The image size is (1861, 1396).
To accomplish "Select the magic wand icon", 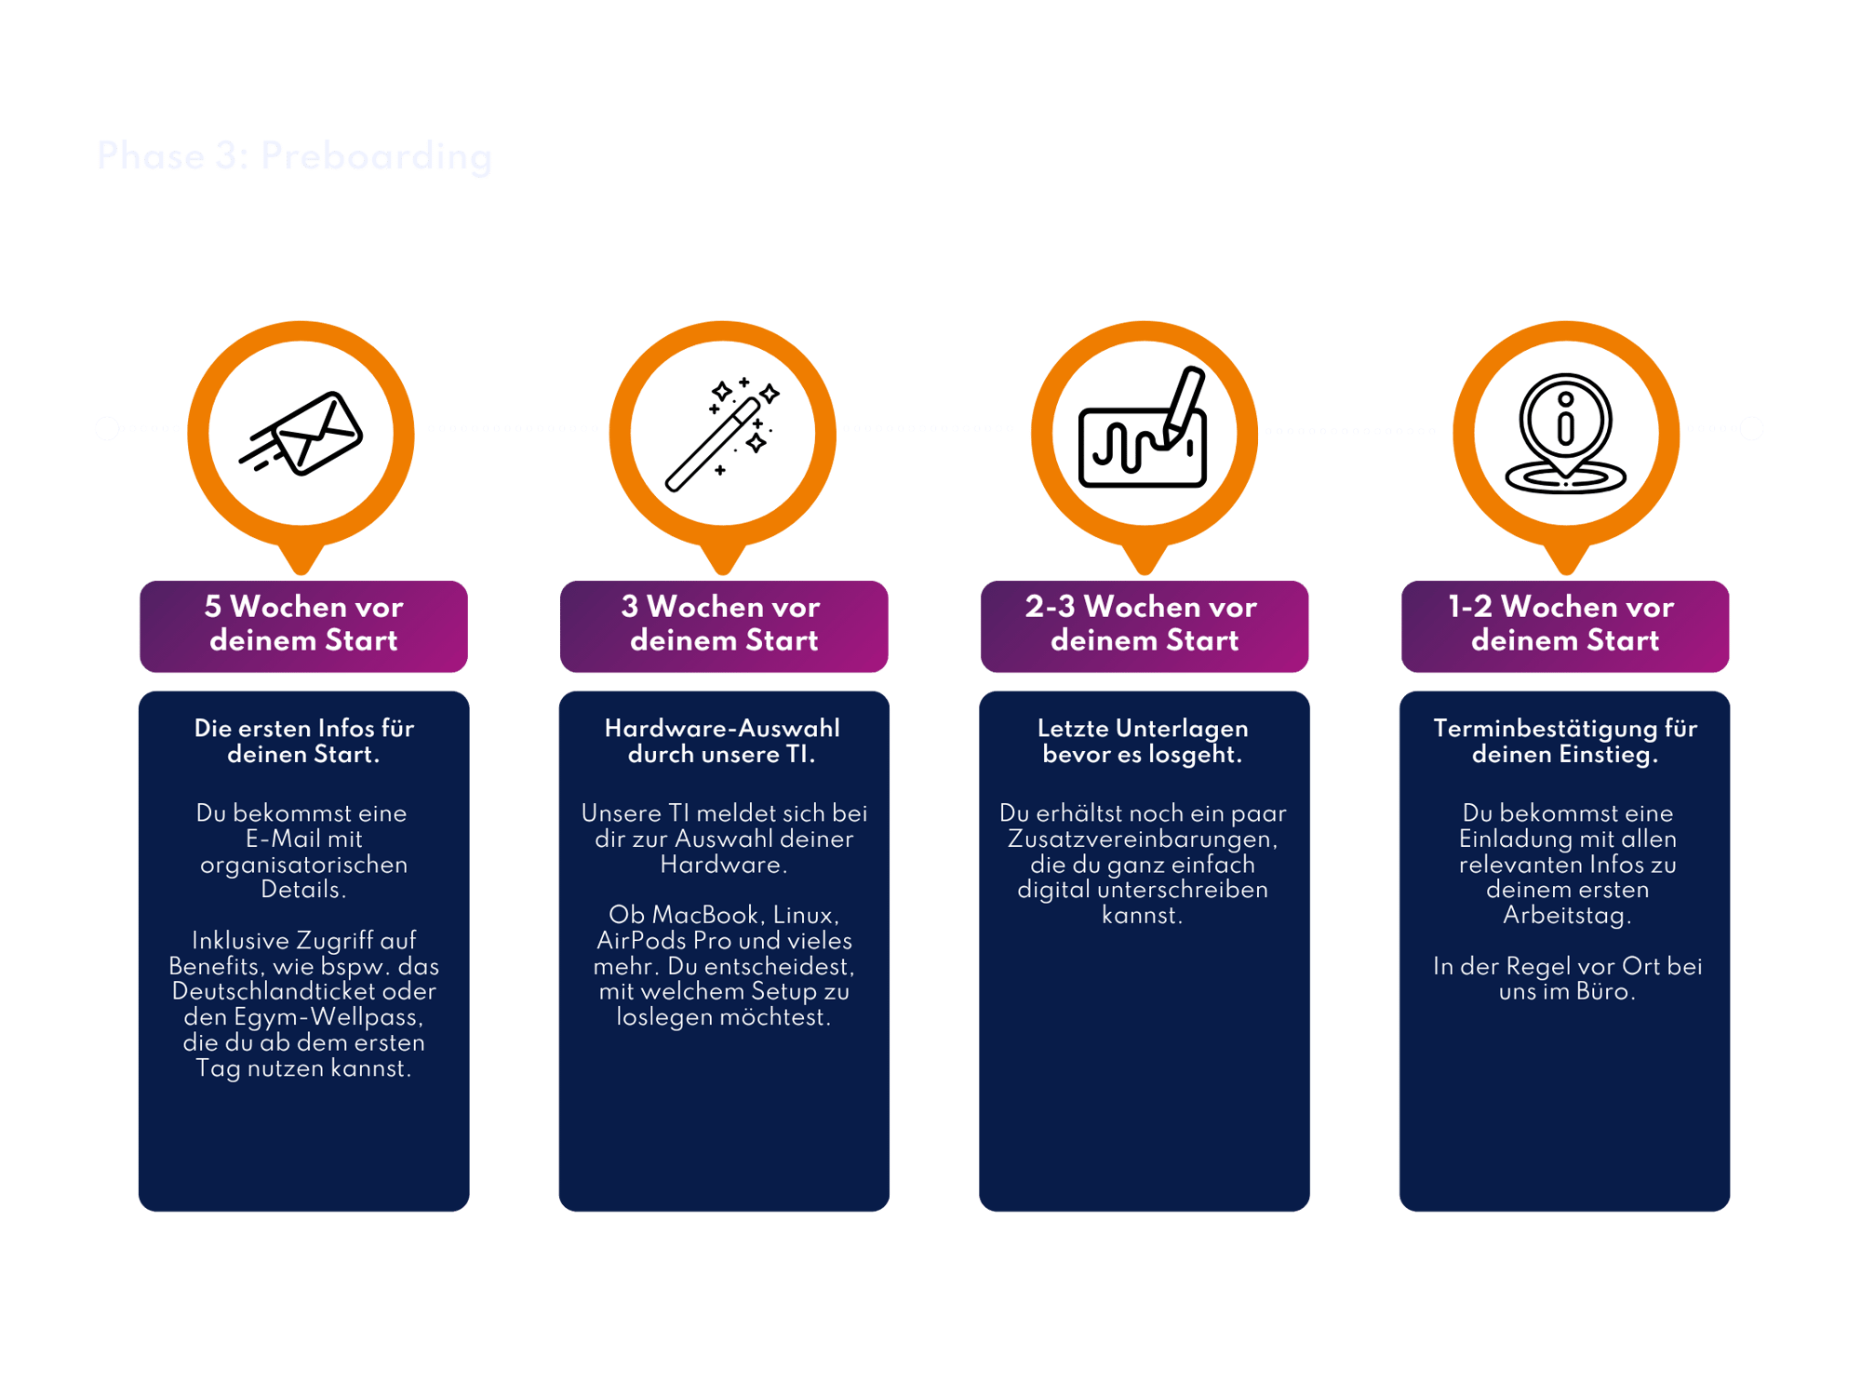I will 722,434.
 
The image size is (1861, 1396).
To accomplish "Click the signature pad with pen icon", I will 1144,430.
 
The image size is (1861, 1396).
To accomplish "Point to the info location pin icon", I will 1566,434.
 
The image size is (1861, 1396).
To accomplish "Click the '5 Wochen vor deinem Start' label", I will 303,624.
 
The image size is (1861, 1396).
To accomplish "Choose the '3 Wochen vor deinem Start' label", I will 724,624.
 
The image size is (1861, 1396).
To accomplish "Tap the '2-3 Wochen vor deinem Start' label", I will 1144,624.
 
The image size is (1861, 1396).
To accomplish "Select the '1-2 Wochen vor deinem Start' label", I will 1564,624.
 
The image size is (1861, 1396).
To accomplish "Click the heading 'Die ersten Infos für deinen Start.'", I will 303,741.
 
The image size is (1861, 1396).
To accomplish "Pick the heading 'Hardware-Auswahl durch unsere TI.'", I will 722,741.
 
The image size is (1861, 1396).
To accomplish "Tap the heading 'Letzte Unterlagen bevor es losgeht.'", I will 1143,741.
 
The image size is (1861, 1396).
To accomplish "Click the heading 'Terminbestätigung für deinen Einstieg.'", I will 1565,741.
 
